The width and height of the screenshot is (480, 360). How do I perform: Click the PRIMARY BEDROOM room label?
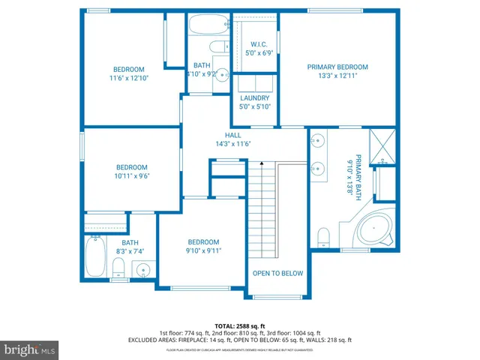point(337,67)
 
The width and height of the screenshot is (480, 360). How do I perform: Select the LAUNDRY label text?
point(255,98)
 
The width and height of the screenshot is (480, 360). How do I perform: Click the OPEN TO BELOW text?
point(277,273)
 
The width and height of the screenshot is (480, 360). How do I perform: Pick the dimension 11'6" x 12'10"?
point(128,78)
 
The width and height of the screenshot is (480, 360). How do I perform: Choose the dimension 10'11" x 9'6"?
point(131,176)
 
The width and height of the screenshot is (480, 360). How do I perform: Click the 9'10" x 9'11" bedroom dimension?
point(203,251)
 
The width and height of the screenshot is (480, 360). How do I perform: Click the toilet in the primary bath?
point(324,237)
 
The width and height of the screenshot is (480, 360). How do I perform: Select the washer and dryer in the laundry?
point(255,82)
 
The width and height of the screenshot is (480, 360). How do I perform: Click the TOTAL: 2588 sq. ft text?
point(239,325)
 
